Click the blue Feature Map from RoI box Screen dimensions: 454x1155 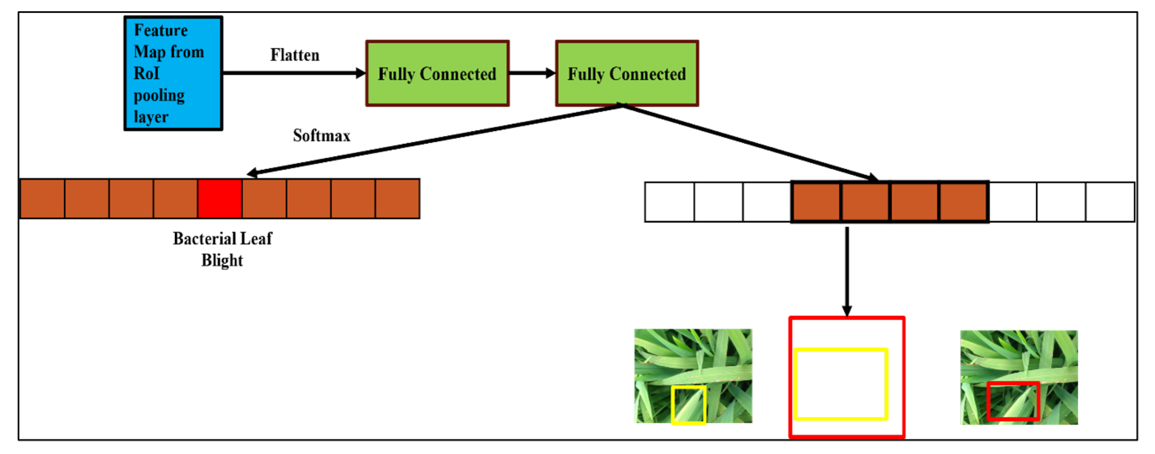[173, 73]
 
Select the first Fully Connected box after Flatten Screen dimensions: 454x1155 [437, 73]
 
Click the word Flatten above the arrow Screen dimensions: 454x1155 [295, 55]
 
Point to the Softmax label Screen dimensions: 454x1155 [321, 135]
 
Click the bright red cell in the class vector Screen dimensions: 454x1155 [220, 199]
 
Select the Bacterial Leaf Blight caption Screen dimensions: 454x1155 [222, 249]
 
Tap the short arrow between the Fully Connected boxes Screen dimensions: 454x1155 [532, 73]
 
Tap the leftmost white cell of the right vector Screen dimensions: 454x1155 [669, 202]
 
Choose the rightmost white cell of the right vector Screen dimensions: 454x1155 [1110, 202]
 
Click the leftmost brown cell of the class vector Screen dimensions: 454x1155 [43, 199]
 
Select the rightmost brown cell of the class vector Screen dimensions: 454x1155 [397, 199]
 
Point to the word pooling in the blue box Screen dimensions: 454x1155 [159, 96]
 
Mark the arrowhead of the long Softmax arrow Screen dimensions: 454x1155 [252, 173]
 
